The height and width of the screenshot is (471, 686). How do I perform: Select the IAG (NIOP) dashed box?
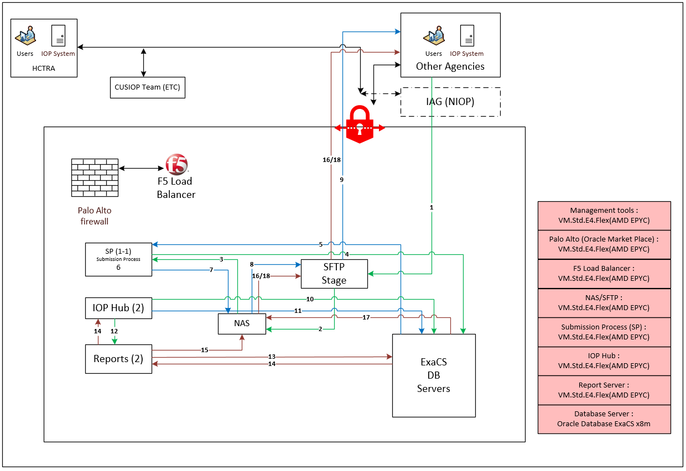click(x=450, y=102)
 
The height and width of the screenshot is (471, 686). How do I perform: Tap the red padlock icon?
click(x=360, y=127)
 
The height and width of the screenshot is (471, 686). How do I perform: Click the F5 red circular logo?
click(x=176, y=165)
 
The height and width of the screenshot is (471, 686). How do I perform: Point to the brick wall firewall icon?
click(x=95, y=178)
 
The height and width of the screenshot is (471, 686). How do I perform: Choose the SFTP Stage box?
click(x=334, y=274)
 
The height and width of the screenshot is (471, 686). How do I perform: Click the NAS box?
click(x=242, y=323)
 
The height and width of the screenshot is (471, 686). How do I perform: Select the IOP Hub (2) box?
click(x=118, y=308)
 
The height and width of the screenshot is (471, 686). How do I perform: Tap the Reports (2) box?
click(x=118, y=359)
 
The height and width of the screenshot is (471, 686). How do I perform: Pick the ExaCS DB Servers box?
click(x=434, y=375)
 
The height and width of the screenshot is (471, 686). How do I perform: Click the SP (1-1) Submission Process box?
click(x=118, y=259)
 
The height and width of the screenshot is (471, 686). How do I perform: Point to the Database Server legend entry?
click(x=604, y=419)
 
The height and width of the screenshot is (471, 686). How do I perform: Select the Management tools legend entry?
click(x=604, y=215)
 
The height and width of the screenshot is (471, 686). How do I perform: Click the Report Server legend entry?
click(x=604, y=390)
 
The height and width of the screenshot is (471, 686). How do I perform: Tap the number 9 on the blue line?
click(x=342, y=180)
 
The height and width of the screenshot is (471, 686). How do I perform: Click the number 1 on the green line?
click(x=432, y=207)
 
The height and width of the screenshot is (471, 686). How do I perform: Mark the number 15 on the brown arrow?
click(x=204, y=350)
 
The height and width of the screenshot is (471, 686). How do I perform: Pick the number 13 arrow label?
click(x=272, y=357)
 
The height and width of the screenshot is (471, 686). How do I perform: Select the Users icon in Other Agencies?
click(x=434, y=36)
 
